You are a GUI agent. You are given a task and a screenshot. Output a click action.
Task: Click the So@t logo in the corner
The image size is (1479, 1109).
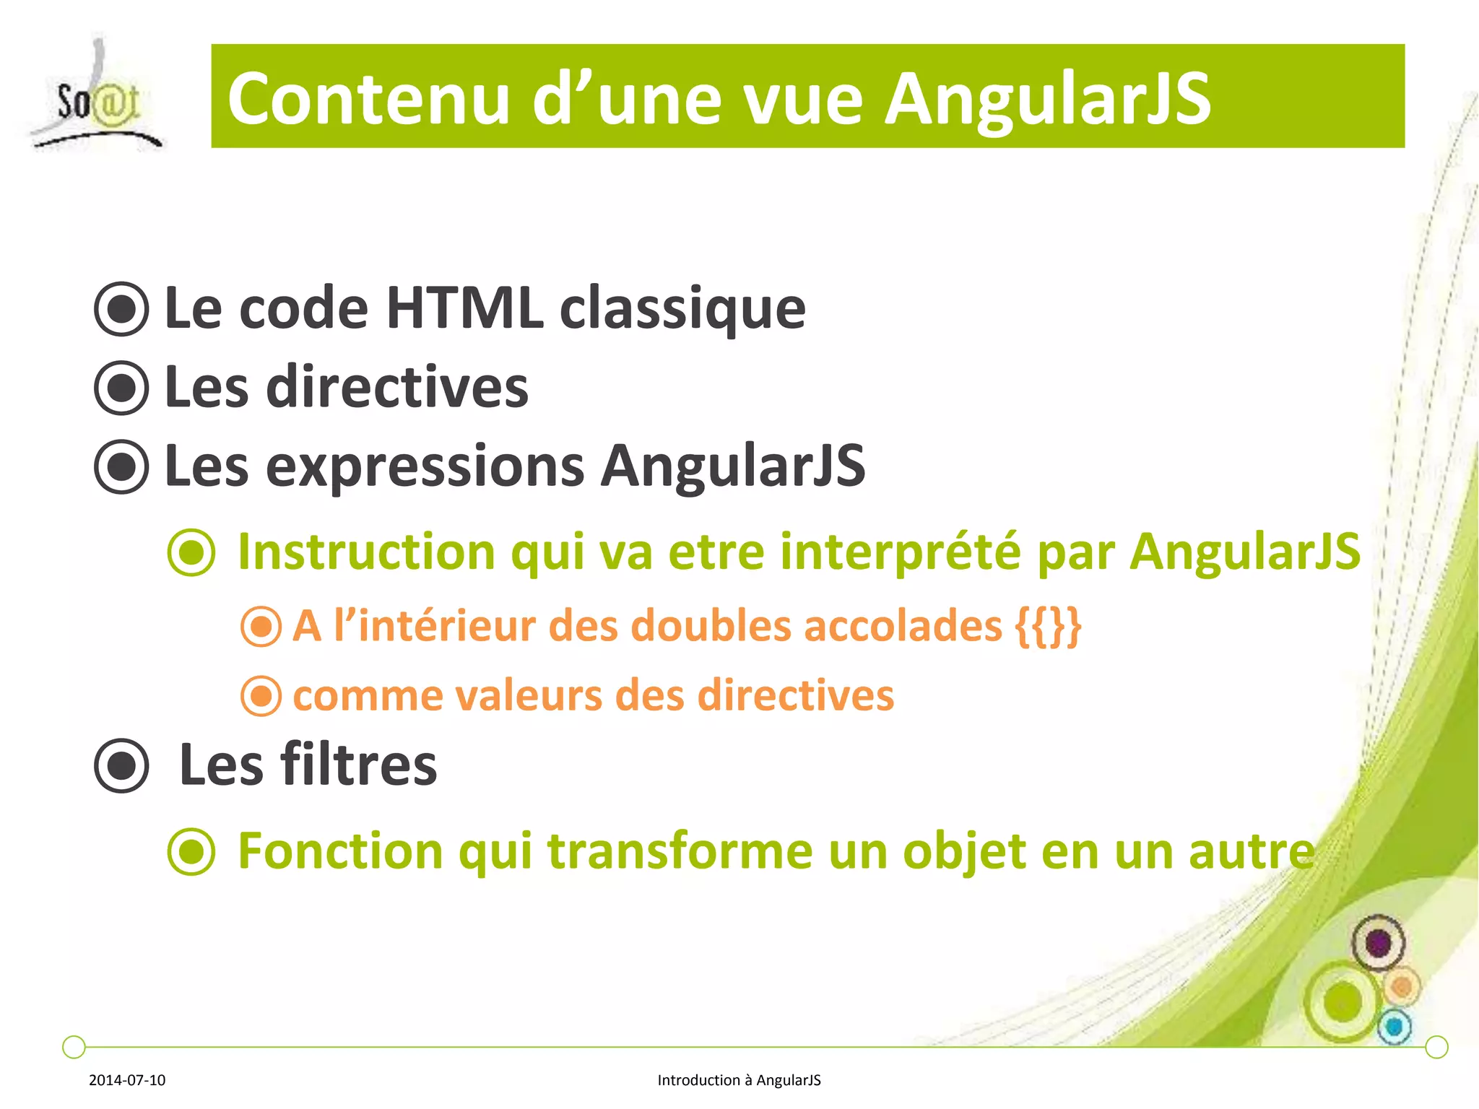[x=96, y=97]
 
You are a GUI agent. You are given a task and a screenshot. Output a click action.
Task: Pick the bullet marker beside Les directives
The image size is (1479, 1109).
[x=121, y=388]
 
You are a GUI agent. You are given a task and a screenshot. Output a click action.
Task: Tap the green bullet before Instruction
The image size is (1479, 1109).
[x=191, y=552]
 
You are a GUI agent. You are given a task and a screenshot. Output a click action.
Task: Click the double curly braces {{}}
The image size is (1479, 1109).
[x=1048, y=626]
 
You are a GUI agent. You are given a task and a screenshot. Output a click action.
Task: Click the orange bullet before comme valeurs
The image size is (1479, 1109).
[x=261, y=696]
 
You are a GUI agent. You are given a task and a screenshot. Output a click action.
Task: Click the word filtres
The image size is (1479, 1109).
[x=358, y=765]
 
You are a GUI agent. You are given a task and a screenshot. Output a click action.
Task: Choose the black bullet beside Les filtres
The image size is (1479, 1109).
[x=121, y=765]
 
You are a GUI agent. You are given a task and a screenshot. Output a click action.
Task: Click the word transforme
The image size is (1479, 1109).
[x=680, y=851]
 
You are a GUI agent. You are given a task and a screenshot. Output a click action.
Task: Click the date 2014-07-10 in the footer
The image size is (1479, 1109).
[x=127, y=1080]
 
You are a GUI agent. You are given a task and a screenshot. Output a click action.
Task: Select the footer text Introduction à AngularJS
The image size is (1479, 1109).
[x=739, y=1080]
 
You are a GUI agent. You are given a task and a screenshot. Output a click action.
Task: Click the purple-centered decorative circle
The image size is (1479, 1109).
[x=1378, y=943]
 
